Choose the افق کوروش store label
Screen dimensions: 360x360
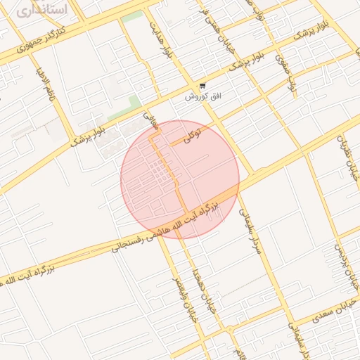coord(202,96)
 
